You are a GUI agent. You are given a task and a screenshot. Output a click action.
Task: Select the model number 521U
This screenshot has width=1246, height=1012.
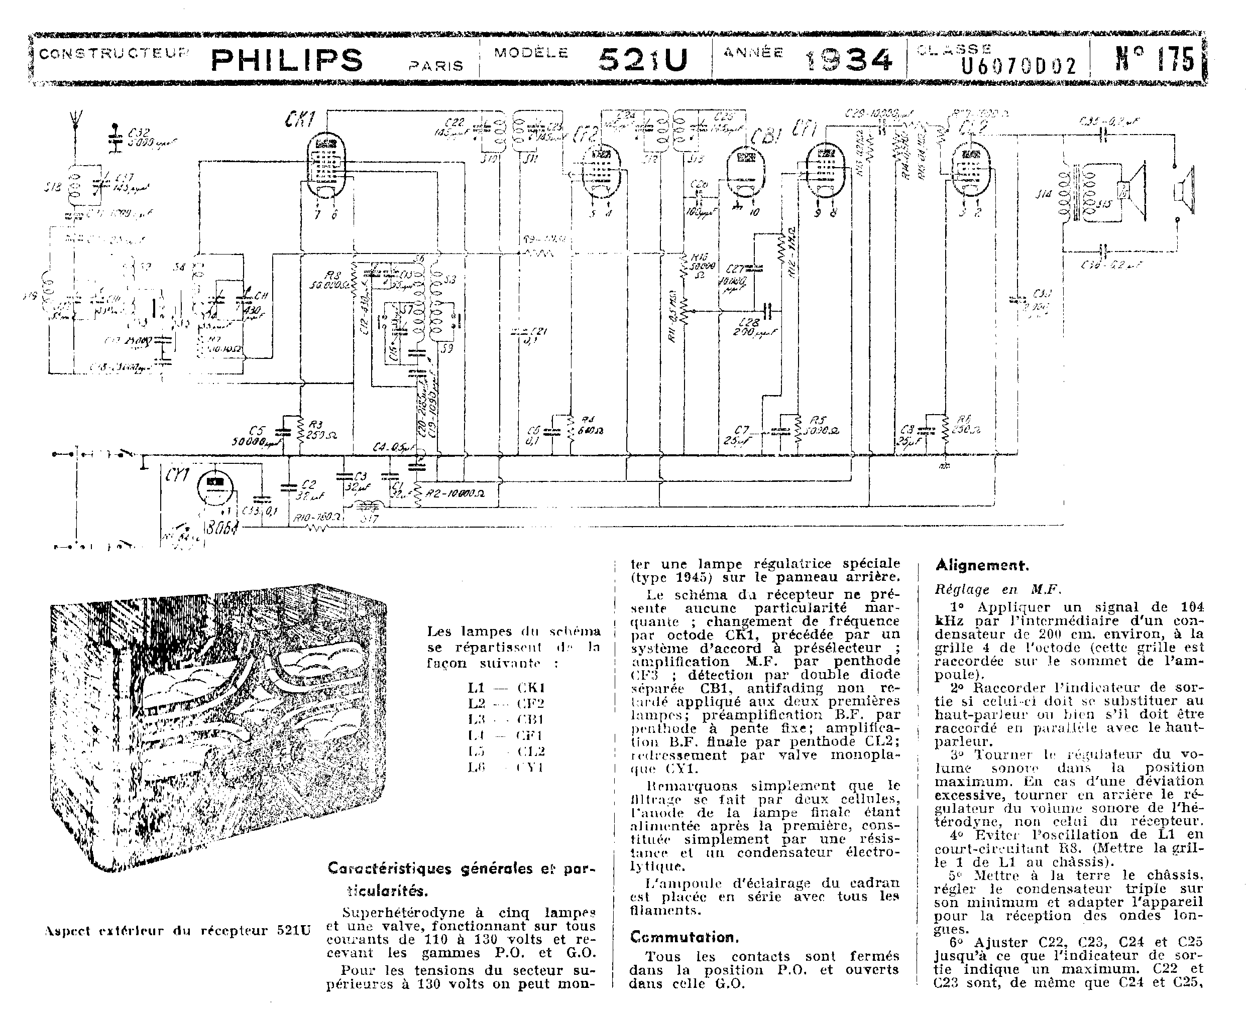(642, 59)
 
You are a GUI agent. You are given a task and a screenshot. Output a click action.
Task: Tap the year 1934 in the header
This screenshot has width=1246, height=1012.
(849, 59)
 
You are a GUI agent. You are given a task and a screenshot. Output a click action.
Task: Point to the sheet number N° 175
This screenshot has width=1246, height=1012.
(1155, 59)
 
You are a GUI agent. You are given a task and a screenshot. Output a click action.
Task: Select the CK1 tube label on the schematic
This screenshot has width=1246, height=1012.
(300, 120)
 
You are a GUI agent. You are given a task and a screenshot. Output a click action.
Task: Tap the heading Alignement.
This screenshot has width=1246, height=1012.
(982, 565)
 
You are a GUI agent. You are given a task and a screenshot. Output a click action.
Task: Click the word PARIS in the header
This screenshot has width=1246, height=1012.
(436, 66)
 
